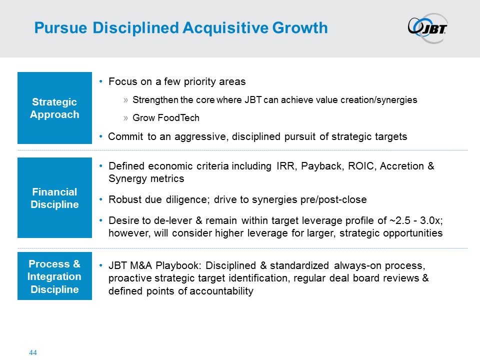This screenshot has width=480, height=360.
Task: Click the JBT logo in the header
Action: pos(427,28)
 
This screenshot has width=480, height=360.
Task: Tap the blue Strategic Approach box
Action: pos(55,108)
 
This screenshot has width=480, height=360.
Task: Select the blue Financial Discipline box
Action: pos(55,198)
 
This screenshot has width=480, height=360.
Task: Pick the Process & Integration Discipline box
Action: pos(55,276)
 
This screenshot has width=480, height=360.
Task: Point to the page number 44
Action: pos(33,352)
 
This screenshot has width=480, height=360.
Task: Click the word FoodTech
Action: pos(178,118)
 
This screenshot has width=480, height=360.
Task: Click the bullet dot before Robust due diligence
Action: pos(101,199)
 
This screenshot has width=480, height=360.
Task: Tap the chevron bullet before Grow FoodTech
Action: pos(125,118)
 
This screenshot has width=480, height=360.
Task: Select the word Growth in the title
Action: pos(300,28)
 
